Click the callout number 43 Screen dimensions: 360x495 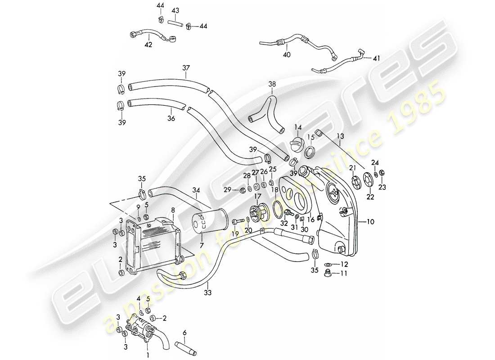(x=175, y=10)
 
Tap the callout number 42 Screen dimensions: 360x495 (x=148, y=45)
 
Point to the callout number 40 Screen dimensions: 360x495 (x=287, y=54)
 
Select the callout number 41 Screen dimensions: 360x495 (x=377, y=58)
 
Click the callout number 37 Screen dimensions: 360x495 (x=186, y=68)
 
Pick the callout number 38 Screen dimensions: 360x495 (x=272, y=84)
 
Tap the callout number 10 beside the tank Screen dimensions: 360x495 (x=370, y=222)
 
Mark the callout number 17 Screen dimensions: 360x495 (x=258, y=197)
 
